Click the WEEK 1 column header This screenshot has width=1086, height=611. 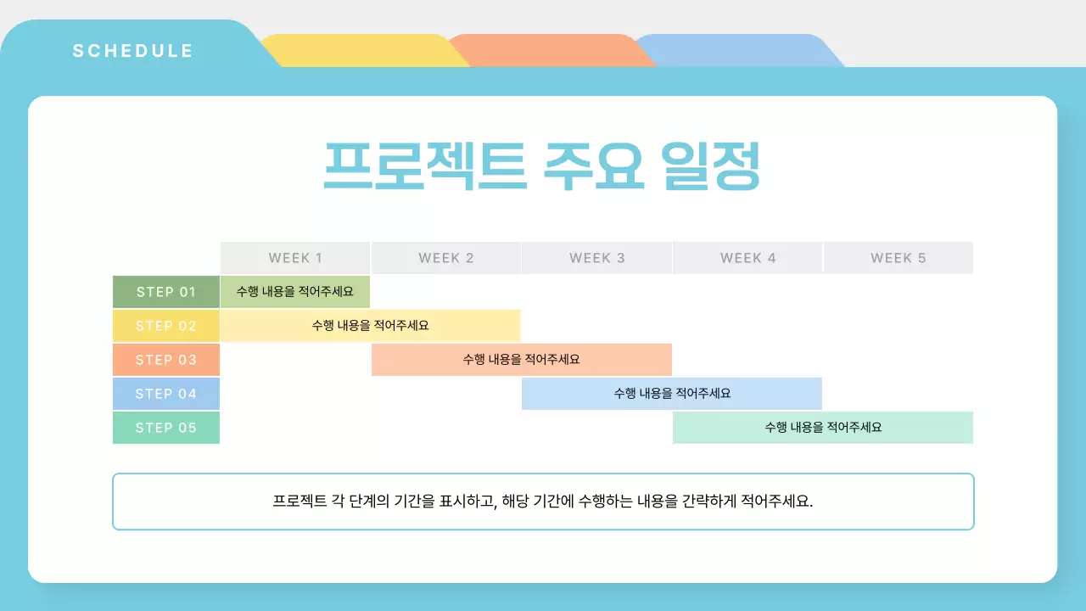coord(295,258)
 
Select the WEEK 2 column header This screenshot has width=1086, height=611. coord(446,258)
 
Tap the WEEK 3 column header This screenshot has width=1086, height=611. coord(597,258)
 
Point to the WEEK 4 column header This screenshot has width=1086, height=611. coord(747,258)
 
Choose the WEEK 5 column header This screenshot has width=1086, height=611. coord(898,258)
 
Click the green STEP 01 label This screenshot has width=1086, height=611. coord(166,292)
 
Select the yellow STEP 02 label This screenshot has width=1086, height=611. coord(166,326)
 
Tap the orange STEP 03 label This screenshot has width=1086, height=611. coord(166,360)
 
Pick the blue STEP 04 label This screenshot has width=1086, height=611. coord(166,394)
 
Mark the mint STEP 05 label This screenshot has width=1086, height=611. coord(166,428)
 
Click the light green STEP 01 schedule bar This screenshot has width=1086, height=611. coord(295,292)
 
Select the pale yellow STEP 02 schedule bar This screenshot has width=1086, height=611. coord(370,326)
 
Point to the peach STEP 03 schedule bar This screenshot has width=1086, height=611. coord(521,360)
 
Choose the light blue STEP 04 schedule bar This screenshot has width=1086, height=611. coord(672,394)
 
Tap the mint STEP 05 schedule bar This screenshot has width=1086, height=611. coord(823,428)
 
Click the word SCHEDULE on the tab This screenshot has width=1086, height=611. coord(133,51)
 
